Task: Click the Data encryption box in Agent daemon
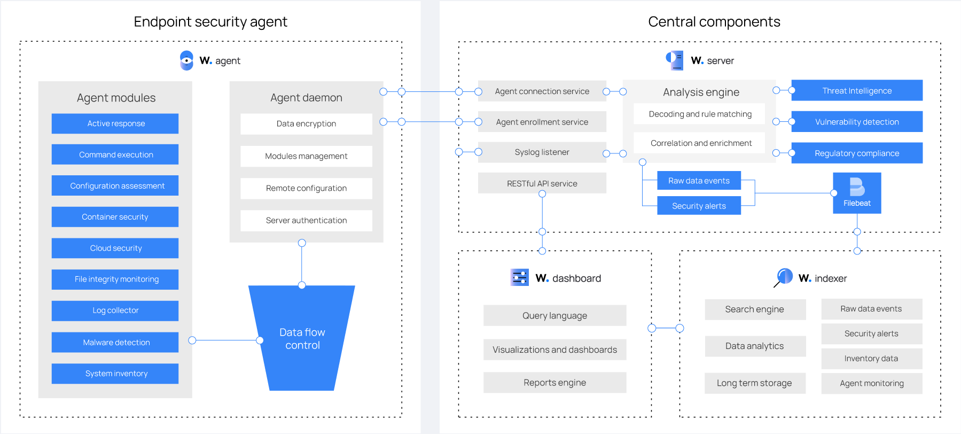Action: pos(306,124)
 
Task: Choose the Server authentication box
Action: pos(306,220)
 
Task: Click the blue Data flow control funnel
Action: pos(302,338)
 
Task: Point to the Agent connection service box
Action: pos(542,91)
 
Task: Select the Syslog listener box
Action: pos(542,152)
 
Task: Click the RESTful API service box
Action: pos(542,183)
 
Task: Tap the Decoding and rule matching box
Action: pos(699,114)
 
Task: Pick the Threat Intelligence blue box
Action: pos(856,91)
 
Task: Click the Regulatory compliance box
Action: pos(856,153)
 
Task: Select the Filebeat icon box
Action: pos(857,193)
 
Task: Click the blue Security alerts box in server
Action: pos(699,206)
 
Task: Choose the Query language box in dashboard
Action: pos(554,315)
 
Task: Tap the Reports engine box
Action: pos(554,383)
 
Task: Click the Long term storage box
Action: pos(754,383)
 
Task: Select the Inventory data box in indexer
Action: pos(871,359)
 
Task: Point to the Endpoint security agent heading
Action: pos(210,22)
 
